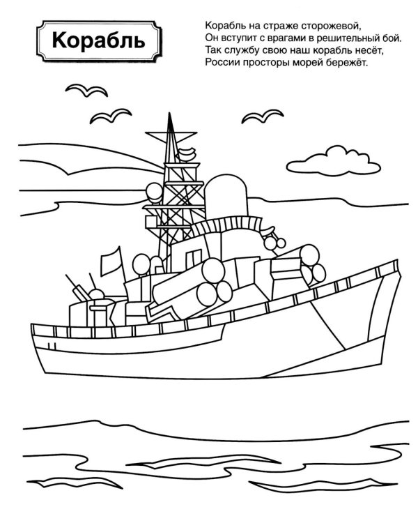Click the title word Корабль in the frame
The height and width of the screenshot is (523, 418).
click(x=99, y=40)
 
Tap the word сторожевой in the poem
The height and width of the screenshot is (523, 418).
click(x=331, y=26)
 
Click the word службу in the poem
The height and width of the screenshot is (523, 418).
click(x=238, y=50)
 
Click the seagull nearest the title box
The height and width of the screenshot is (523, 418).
click(x=86, y=90)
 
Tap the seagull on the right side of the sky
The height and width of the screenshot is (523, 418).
click(x=263, y=116)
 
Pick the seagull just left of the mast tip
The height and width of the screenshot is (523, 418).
click(x=111, y=116)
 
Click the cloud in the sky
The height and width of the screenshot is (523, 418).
click(x=334, y=160)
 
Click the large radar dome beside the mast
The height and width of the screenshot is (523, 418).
click(x=226, y=197)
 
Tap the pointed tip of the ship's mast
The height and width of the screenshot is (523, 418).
click(x=169, y=114)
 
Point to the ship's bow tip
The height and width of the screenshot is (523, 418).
click(x=397, y=260)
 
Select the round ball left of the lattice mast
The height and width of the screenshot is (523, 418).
click(x=154, y=192)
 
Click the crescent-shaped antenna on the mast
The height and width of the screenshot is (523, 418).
click(x=187, y=153)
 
